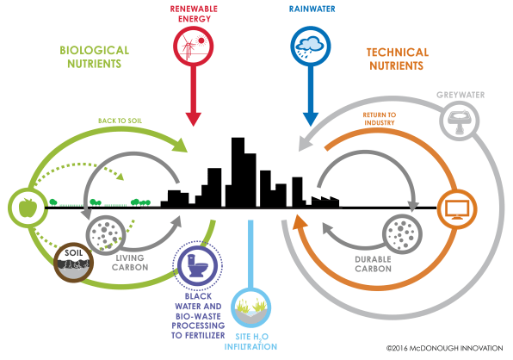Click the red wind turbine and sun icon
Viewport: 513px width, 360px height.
[x=193, y=47]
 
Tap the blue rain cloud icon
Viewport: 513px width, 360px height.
[x=311, y=47]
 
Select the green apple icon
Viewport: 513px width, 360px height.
[x=28, y=208]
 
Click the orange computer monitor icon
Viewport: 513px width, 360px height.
[x=457, y=208]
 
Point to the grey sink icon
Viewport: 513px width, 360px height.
[x=460, y=121]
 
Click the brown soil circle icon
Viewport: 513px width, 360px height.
[x=74, y=262]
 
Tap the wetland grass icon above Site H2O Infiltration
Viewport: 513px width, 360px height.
[x=251, y=307]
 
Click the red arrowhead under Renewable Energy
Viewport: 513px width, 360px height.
[x=194, y=119]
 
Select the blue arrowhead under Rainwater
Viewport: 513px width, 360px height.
[x=311, y=119]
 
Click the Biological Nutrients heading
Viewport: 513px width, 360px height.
[x=94, y=57]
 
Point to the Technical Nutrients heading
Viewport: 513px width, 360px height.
[x=397, y=59]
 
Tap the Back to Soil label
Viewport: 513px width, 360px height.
[x=120, y=121]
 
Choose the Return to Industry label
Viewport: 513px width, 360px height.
[x=380, y=119]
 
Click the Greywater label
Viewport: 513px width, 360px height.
[x=460, y=95]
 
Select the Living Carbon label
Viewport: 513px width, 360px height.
[x=130, y=263]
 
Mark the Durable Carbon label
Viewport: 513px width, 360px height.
[x=373, y=264]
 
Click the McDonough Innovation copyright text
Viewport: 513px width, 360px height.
[x=445, y=348]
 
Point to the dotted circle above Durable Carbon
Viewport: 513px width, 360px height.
[x=402, y=234]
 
